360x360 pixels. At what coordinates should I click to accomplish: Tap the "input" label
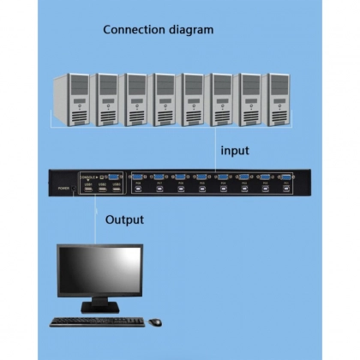click(235, 150)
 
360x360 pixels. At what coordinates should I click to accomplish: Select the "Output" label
click(124, 219)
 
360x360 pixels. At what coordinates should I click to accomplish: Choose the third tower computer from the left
click(135, 99)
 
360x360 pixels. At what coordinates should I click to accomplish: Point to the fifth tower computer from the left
click(192, 99)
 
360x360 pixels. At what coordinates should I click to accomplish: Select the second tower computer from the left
click(106, 99)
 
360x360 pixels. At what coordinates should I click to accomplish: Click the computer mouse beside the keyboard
click(154, 322)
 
